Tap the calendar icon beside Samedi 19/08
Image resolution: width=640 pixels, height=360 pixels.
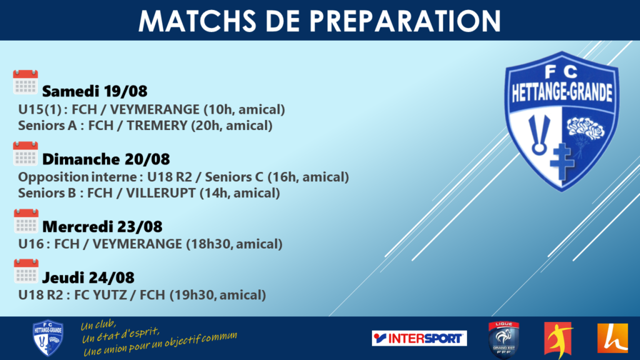coord(25,82)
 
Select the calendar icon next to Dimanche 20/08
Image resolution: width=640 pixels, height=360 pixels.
coord(25,154)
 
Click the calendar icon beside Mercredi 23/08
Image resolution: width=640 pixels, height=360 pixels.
coord(26,221)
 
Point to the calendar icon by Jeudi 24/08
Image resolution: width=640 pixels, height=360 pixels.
coord(26,271)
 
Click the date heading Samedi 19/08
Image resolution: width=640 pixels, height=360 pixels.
coord(95,91)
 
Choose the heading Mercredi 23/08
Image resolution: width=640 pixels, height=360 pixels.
coord(102,226)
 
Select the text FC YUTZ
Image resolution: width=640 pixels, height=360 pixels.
coord(101,295)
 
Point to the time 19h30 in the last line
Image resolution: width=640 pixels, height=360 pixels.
coord(192,295)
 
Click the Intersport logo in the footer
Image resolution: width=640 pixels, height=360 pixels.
coord(419,338)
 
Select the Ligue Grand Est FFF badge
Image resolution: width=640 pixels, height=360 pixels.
coord(504,339)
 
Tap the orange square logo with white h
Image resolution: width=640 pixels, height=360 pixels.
coord(612,338)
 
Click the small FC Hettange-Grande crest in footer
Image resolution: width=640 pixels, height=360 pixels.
coord(47,338)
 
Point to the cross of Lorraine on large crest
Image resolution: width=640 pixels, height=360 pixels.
coord(562,161)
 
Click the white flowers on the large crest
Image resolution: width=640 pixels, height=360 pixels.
coord(586,129)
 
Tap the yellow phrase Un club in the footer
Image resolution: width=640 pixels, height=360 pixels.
coord(98,325)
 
